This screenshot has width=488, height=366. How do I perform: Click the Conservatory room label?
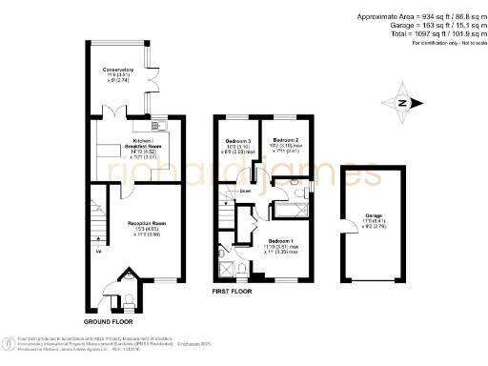pyautogui.click(x=118, y=70)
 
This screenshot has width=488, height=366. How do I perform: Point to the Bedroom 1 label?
pyautogui.click(x=281, y=240)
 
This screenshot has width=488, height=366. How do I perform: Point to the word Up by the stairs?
pyautogui.click(x=98, y=253)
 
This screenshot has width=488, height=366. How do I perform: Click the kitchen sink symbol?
pyautogui.click(x=164, y=125)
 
